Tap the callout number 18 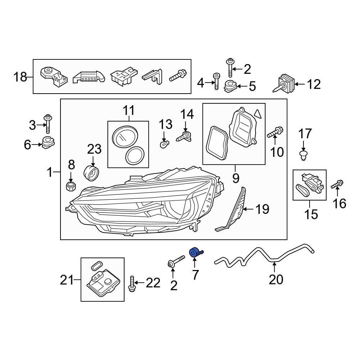click(x=21, y=77)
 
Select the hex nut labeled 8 click(x=71, y=186)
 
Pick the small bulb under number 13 click(x=164, y=145)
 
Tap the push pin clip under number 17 click(x=303, y=155)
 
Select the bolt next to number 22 click(x=132, y=284)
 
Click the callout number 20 click(x=276, y=279)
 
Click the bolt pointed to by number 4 click(x=216, y=81)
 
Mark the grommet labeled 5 click(x=229, y=87)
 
